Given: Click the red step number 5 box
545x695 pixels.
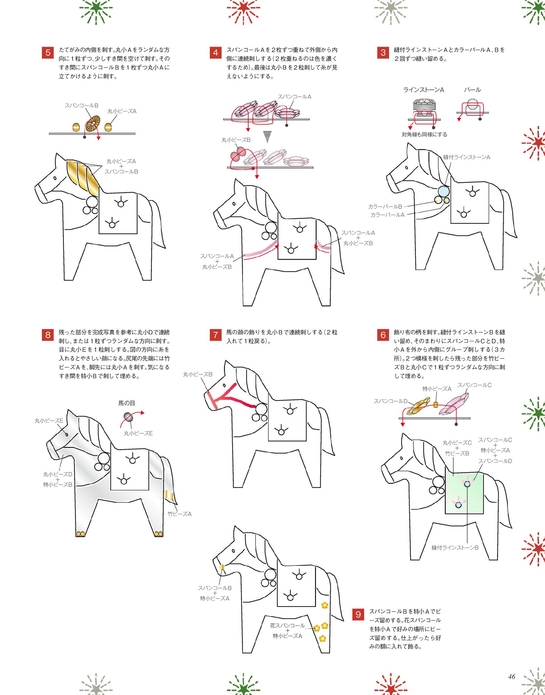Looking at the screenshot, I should tap(48, 53).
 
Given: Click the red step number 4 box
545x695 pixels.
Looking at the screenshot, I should tap(216, 53).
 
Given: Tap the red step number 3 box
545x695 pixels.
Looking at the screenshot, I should tap(383, 53).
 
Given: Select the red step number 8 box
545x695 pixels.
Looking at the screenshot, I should tap(48, 335).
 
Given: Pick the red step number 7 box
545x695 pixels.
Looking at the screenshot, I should tap(216, 335).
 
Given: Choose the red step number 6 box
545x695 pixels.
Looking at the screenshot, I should tap(383, 335).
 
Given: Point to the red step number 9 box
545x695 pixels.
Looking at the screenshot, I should tap(358, 615).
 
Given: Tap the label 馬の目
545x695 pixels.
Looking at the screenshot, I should tap(127, 403).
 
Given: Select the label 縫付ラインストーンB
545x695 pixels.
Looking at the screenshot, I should tap(455, 547).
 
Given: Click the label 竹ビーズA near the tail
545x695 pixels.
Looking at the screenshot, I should tap(180, 514).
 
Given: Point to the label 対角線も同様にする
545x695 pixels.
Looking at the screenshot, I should tap(424, 134).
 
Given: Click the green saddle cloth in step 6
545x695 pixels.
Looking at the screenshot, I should tap(465, 494).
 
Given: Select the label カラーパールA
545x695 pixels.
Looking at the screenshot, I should tap(387, 215).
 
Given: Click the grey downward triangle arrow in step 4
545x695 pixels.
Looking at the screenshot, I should tap(267, 136).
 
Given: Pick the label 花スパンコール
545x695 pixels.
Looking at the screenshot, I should tap(288, 625).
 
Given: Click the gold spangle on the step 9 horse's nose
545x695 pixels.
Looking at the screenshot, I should tap(221, 567).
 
